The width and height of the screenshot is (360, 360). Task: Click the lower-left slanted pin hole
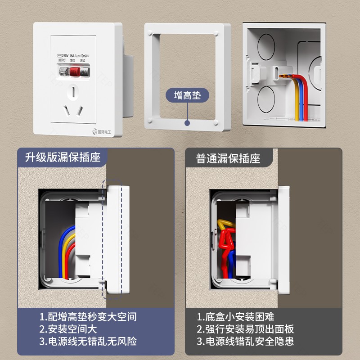tap(66, 109)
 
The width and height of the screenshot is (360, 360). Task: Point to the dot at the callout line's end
tap(187, 121)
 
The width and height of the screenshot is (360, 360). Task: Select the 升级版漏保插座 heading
tap(63, 158)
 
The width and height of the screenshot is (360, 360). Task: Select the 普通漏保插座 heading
tap(228, 159)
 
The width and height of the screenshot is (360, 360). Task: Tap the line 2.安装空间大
tap(68, 329)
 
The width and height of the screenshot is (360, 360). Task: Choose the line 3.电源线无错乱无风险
tap(88, 341)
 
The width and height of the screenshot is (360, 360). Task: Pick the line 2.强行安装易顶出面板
tap(245, 329)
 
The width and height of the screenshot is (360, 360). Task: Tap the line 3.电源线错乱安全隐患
tap(245, 341)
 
